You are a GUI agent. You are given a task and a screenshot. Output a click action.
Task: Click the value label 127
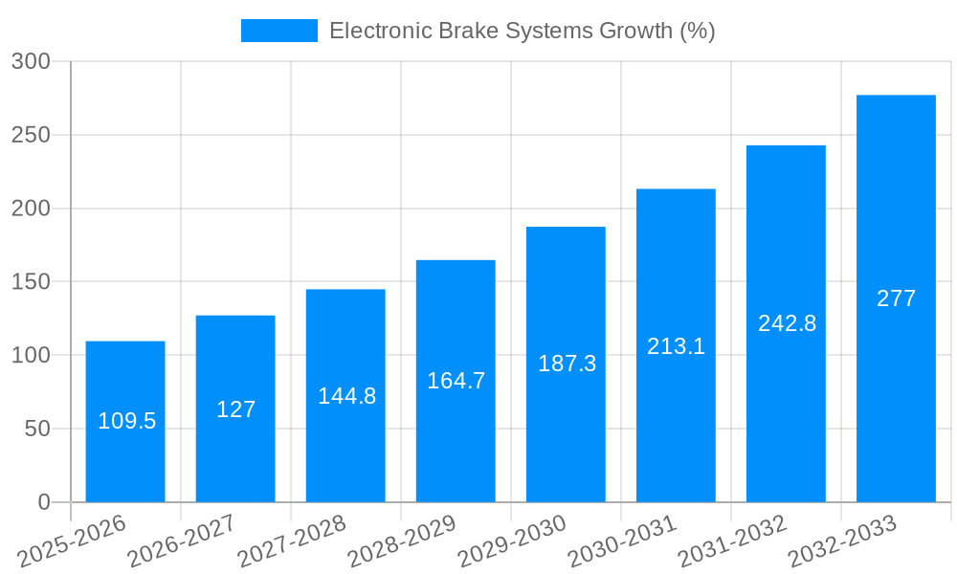(235, 409)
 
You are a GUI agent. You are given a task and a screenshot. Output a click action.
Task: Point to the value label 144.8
(346, 396)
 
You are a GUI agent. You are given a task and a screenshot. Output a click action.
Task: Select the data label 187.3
(567, 364)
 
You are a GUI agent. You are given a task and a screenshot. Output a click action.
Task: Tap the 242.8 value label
(787, 323)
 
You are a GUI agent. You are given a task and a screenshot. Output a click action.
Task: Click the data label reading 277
(896, 298)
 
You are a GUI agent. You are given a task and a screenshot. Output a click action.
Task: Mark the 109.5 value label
(126, 421)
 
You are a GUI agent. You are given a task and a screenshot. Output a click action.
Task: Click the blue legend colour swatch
(278, 31)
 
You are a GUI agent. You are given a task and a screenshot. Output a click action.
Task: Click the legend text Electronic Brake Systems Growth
(522, 31)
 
